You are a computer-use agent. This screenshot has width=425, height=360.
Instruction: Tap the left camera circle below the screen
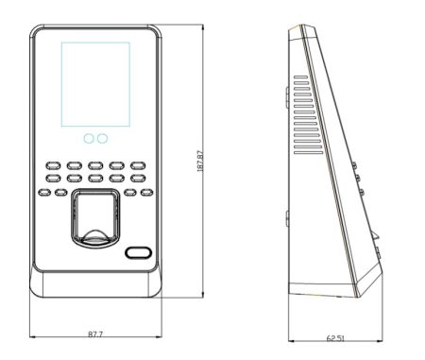[87, 139]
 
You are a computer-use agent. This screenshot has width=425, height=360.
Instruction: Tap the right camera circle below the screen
[102, 139]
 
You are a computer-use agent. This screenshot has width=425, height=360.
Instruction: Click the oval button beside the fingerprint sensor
[139, 252]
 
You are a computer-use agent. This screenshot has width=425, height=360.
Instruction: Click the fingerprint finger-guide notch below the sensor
[93, 236]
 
